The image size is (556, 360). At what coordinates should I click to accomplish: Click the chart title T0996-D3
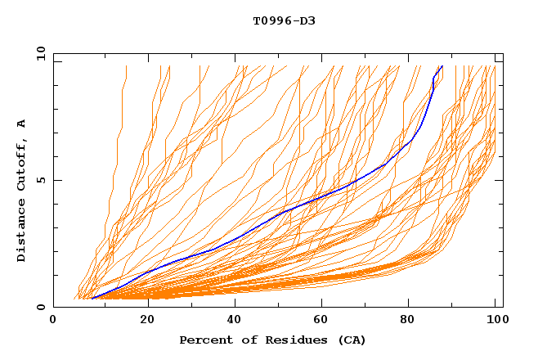(x=284, y=20)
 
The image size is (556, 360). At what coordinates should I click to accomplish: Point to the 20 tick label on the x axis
(x=142, y=320)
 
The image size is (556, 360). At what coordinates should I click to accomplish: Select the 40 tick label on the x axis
(x=231, y=320)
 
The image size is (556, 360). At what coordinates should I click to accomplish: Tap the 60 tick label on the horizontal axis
(x=319, y=320)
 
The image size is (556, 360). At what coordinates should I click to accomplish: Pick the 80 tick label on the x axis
(x=407, y=320)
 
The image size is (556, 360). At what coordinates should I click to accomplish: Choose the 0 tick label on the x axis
(x=54, y=320)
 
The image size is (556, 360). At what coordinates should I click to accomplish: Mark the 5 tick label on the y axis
(x=40, y=180)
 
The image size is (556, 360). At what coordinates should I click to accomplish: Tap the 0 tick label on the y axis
(x=40, y=307)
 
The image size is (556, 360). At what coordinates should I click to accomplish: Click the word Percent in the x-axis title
(x=204, y=340)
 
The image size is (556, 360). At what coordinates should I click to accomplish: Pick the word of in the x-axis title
(x=245, y=340)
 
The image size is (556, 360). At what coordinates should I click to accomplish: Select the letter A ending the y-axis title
(x=22, y=124)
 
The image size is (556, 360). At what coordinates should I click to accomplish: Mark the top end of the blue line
(x=442, y=66)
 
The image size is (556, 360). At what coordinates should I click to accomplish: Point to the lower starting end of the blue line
(x=92, y=299)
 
